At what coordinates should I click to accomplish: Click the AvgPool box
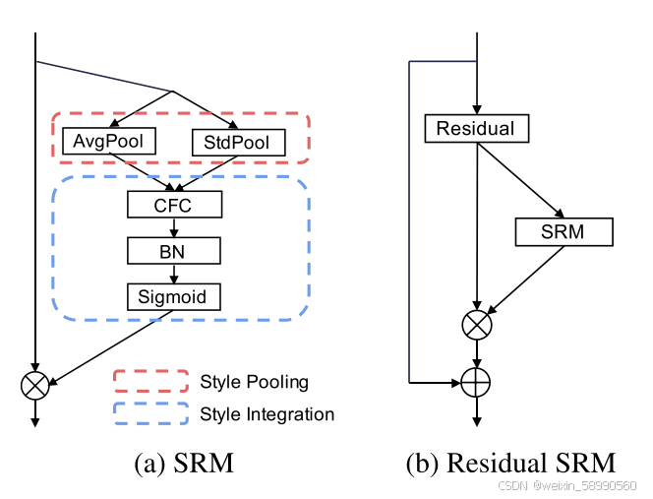pyautogui.click(x=109, y=141)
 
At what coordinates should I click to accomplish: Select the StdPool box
pyautogui.click(x=238, y=144)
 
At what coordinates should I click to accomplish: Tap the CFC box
pyautogui.click(x=174, y=205)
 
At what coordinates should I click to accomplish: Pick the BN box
pyautogui.click(x=174, y=251)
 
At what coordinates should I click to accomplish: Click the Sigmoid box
pyautogui.click(x=174, y=295)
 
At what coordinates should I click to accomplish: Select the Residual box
pyautogui.click(x=476, y=128)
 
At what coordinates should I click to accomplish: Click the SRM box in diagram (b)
pyautogui.click(x=564, y=231)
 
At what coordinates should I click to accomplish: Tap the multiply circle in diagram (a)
pyautogui.click(x=35, y=385)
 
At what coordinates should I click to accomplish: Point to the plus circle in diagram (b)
pyautogui.click(x=477, y=379)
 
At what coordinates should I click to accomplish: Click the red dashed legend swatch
pyautogui.click(x=150, y=382)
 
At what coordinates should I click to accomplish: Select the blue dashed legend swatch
pyautogui.click(x=150, y=413)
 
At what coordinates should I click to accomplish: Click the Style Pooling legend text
pyautogui.click(x=254, y=382)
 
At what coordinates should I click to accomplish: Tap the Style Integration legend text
pyautogui.click(x=267, y=414)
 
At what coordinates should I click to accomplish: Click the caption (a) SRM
pyautogui.click(x=184, y=463)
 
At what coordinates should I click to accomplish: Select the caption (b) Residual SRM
pyautogui.click(x=511, y=463)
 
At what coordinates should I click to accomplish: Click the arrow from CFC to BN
pyautogui.click(x=174, y=227)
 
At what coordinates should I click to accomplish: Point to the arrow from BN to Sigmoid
pyautogui.click(x=174, y=274)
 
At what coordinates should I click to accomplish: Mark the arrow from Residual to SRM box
pyautogui.click(x=520, y=180)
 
